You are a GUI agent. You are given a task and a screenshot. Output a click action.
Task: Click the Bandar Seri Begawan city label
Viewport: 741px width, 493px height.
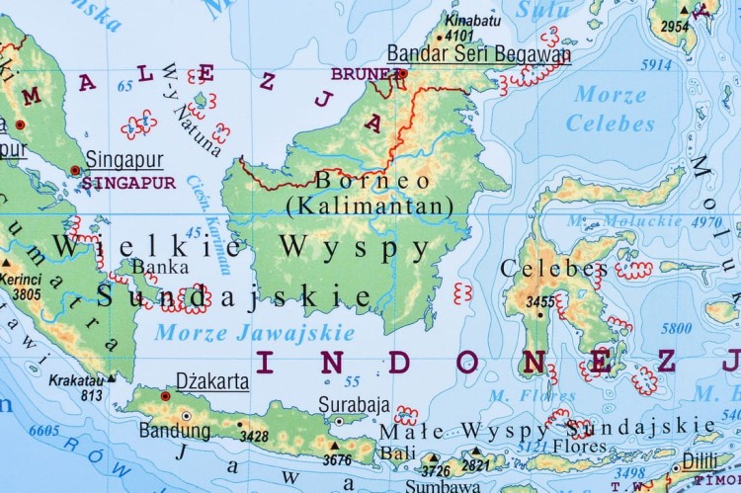click(x=478, y=54)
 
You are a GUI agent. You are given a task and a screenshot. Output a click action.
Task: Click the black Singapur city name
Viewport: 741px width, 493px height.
click(x=124, y=159)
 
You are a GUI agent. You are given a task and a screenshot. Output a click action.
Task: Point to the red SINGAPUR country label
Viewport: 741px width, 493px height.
click(x=129, y=183)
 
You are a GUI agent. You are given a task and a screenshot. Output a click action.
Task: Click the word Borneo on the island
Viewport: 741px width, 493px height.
click(x=372, y=181)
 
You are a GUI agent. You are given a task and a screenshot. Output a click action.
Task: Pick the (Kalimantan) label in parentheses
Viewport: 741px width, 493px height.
click(x=369, y=205)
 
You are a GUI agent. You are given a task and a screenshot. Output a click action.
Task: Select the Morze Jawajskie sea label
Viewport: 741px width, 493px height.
click(x=254, y=332)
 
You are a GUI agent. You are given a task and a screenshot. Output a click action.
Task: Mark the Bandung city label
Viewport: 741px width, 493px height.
click(x=174, y=430)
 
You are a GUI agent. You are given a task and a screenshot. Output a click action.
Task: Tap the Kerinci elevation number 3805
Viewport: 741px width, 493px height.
click(x=27, y=293)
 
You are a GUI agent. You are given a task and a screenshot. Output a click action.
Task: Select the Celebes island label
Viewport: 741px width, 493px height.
click(x=554, y=269)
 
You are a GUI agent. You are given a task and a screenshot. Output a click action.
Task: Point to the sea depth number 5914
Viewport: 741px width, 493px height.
click(x=656, y=65)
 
